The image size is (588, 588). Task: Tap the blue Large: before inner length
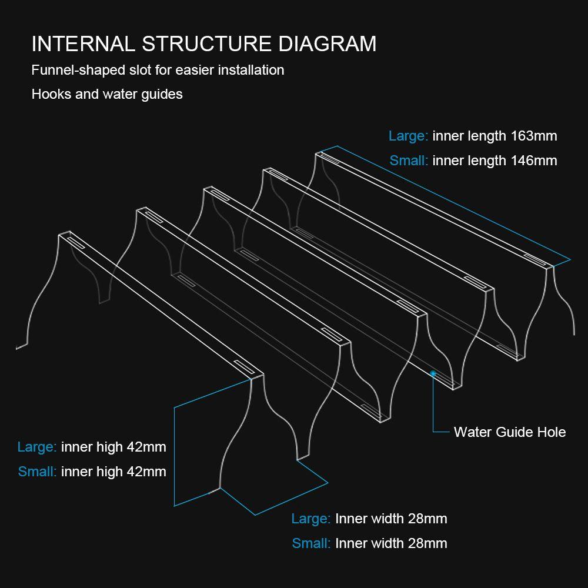408,136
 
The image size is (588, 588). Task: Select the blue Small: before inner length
409,161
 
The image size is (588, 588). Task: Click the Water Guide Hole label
509,432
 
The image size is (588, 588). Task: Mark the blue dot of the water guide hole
433,373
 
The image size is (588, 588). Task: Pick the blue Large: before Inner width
311,519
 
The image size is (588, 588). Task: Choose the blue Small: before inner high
38,472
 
